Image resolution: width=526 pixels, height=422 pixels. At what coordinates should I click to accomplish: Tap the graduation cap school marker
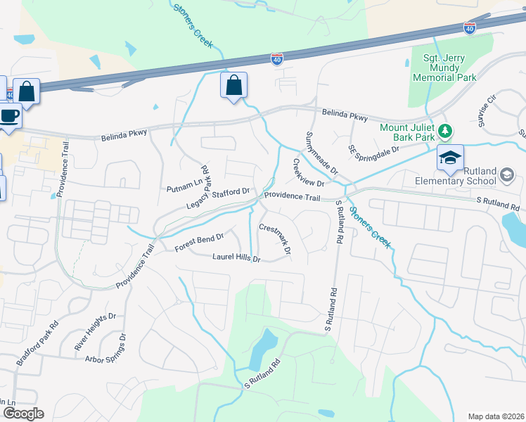point(450,158)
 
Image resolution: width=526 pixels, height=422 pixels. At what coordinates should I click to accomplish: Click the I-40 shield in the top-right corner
point(470,28)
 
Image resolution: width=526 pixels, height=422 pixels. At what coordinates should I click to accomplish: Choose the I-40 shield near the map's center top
point(278,60)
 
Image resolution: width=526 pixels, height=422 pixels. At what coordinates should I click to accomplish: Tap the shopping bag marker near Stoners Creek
point(233,87)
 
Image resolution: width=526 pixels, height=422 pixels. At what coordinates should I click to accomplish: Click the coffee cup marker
point(9,115)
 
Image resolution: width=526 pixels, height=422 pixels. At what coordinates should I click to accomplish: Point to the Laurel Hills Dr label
point(236,259)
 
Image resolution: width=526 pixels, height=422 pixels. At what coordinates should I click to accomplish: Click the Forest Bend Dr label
point(199,243)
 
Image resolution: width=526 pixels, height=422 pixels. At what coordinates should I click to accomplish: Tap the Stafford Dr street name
point(231,191)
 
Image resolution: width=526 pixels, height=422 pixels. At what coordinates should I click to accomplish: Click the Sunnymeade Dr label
point(322,153)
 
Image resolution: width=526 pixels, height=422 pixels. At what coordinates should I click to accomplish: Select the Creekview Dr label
point(308,172)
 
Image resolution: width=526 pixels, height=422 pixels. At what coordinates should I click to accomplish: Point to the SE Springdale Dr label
point(373,150)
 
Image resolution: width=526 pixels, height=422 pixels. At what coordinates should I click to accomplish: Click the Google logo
point(23,414)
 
